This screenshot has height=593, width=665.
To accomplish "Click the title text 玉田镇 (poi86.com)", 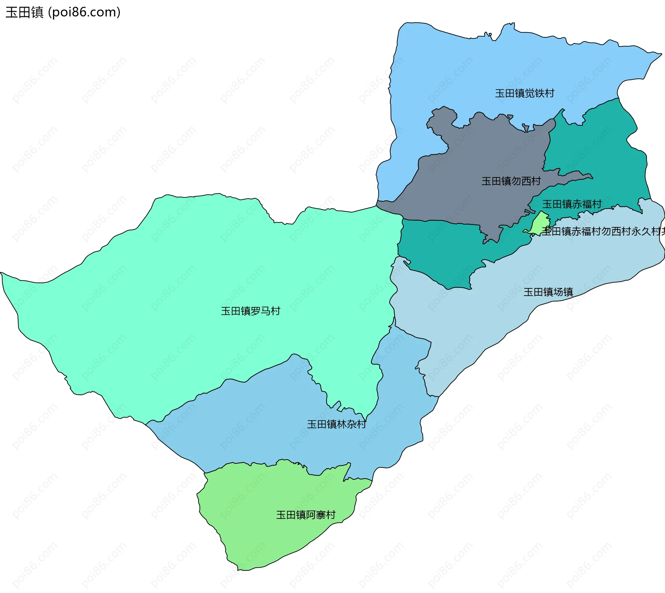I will pyautogui.click(x=63, y=12).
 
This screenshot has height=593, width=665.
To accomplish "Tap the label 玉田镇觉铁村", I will pyautogui.click(x=524, y=93).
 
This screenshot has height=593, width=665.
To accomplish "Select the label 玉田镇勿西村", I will pyautogui.click(x=511, y=181).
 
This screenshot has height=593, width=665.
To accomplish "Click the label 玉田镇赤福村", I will pyautogui.click(x=572, y=204).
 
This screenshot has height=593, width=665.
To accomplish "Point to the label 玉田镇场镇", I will pyautogui.click(x=548, y=292).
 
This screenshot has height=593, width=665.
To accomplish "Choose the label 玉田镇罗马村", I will pyautogui.click(x=250, y=311).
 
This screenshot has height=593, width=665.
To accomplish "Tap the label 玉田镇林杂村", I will pyautogui.click(x=336, y=424).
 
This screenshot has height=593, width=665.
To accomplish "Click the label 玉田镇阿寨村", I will pyautogui.click(x=306, y=515).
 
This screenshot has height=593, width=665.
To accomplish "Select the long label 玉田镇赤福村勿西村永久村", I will pyautogui.click(x=603, y=231).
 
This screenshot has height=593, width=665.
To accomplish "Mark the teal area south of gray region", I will pyautogui.click(x=440, y=250).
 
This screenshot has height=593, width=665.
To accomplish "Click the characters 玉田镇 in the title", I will pyautogui.click(x=24, y=12).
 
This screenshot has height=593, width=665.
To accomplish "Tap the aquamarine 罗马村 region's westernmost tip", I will pyautogui.click(x=1, y=273).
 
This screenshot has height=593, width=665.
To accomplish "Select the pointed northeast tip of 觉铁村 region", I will pyautogui.click(x=661, y=54).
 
